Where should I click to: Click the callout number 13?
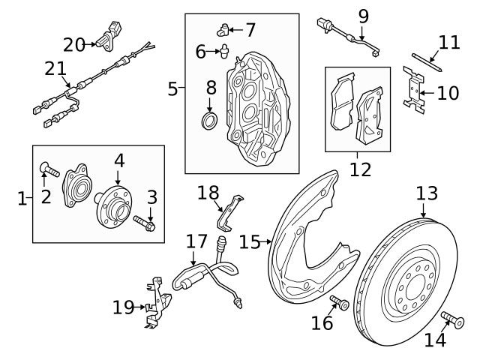426,193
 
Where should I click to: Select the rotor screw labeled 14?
451,319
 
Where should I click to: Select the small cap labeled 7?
223,29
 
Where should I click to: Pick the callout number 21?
55,70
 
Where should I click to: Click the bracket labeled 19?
154,304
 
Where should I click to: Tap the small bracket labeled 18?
230,212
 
